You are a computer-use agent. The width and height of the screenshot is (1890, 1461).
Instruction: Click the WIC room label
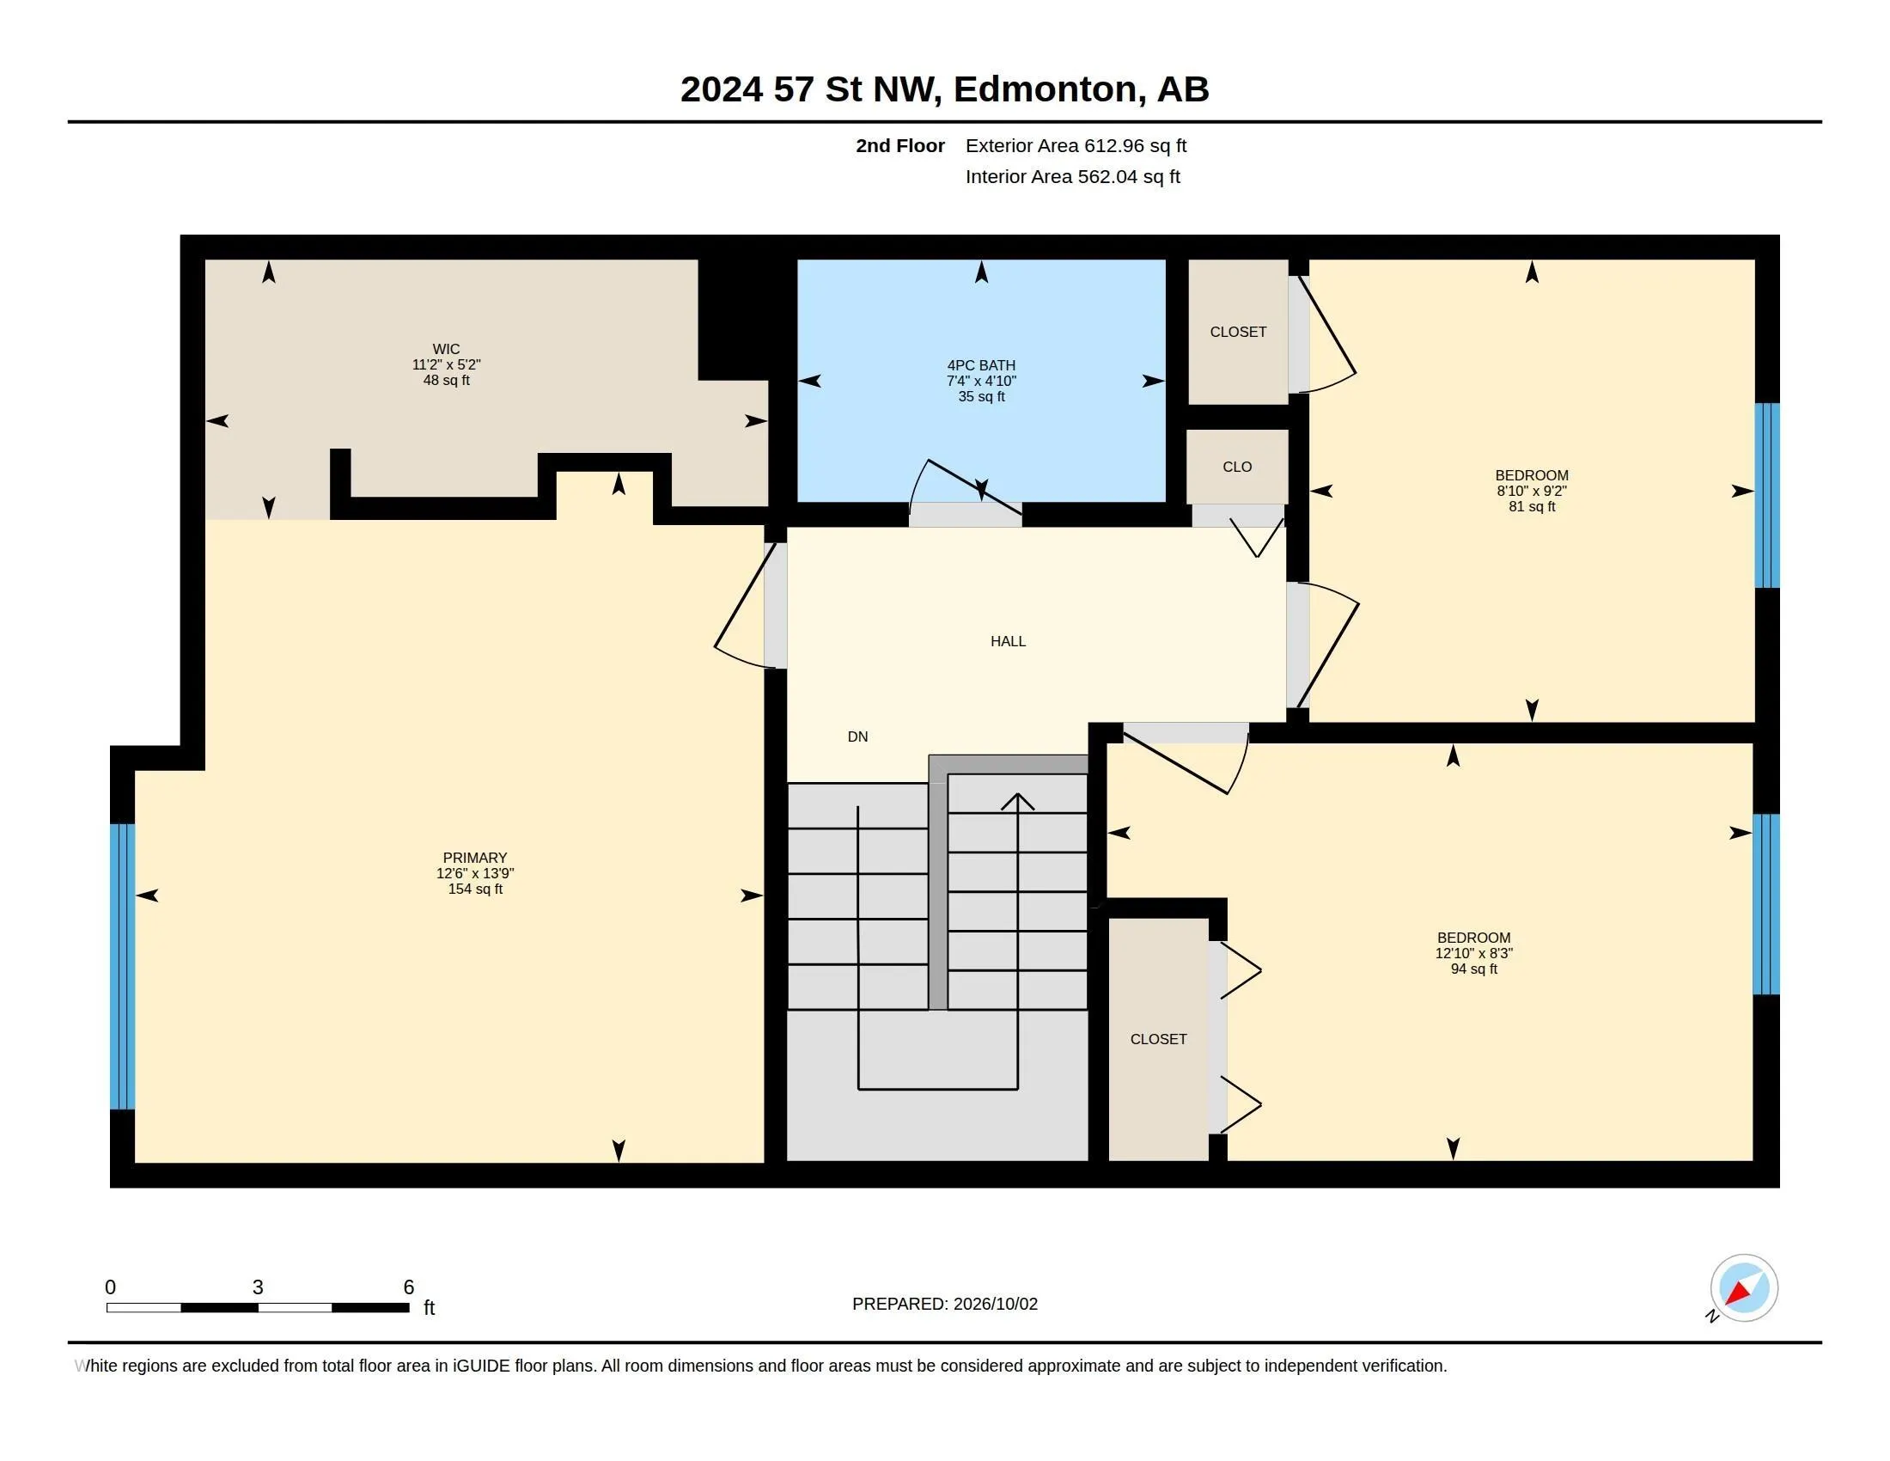(447, 349)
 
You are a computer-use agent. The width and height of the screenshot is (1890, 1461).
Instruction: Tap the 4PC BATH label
(981, 365)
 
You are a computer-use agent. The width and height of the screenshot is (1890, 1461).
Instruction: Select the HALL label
(1009, 641)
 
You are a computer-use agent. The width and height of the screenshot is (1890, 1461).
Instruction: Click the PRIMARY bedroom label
(475, 858)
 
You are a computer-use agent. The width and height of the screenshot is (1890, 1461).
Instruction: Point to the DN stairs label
(857, 737)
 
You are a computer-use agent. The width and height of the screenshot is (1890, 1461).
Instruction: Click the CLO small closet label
(1237, 467)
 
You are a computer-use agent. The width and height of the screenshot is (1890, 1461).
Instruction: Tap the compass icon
(1744, 1288)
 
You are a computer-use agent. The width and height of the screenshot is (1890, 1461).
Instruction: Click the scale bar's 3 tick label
(258, 1287)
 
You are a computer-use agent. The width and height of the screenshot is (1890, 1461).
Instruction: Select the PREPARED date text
(945, 1304)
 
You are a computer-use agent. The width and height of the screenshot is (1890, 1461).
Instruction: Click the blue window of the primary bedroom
(123, 966)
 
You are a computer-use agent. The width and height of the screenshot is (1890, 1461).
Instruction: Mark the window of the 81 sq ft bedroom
(1767, 495)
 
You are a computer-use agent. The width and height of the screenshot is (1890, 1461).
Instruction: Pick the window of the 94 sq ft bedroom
(1766, 904)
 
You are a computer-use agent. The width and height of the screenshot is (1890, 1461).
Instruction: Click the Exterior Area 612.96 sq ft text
(1076, 145)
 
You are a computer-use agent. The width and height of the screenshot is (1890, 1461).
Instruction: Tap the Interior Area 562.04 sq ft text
(1073, 176)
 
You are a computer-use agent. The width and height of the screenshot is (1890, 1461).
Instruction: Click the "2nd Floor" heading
(900, 145)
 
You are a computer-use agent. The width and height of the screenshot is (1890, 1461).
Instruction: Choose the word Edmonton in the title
(1046, 89)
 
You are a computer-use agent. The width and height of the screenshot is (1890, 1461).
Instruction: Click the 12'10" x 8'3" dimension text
(1473, 953)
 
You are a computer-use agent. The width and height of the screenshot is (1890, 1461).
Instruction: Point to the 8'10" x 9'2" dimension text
(1532, 491)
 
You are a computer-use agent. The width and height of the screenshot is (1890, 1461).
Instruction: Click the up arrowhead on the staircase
(1018, 802)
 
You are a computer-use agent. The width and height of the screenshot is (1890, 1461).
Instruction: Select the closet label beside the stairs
(1158, 1039)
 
